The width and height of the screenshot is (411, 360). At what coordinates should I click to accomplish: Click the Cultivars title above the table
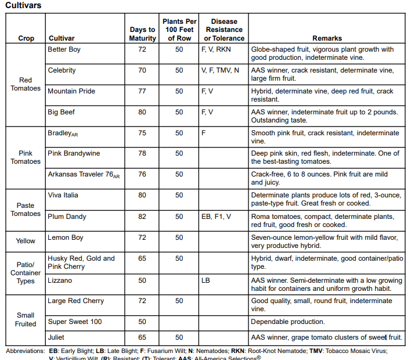(23, 5)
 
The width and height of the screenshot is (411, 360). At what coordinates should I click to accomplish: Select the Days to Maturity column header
(142, 34)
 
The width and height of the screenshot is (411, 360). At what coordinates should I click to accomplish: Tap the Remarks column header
(327, 38)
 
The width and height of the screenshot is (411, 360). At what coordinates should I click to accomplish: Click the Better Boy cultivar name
(64, 49)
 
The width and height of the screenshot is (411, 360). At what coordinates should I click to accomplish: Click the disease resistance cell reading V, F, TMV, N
(220, 70)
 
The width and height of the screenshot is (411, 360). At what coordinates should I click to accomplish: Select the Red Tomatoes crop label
(26, 84)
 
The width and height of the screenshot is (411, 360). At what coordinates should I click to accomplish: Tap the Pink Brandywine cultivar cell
(74, 153)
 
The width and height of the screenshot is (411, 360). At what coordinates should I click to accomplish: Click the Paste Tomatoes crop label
(26, 210)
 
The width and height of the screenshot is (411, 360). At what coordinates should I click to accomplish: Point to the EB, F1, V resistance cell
(217, 217)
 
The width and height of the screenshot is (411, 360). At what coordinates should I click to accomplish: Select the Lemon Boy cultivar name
(66, 237)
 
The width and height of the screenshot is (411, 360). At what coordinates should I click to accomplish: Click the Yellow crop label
(26, 241)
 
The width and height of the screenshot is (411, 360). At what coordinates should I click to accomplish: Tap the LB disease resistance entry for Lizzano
(206, 280)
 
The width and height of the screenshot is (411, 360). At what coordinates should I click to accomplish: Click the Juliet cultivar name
(57, 337)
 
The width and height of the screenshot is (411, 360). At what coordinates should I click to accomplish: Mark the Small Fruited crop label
(26, 320)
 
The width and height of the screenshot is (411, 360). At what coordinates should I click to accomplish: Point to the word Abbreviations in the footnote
(25, 351)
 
